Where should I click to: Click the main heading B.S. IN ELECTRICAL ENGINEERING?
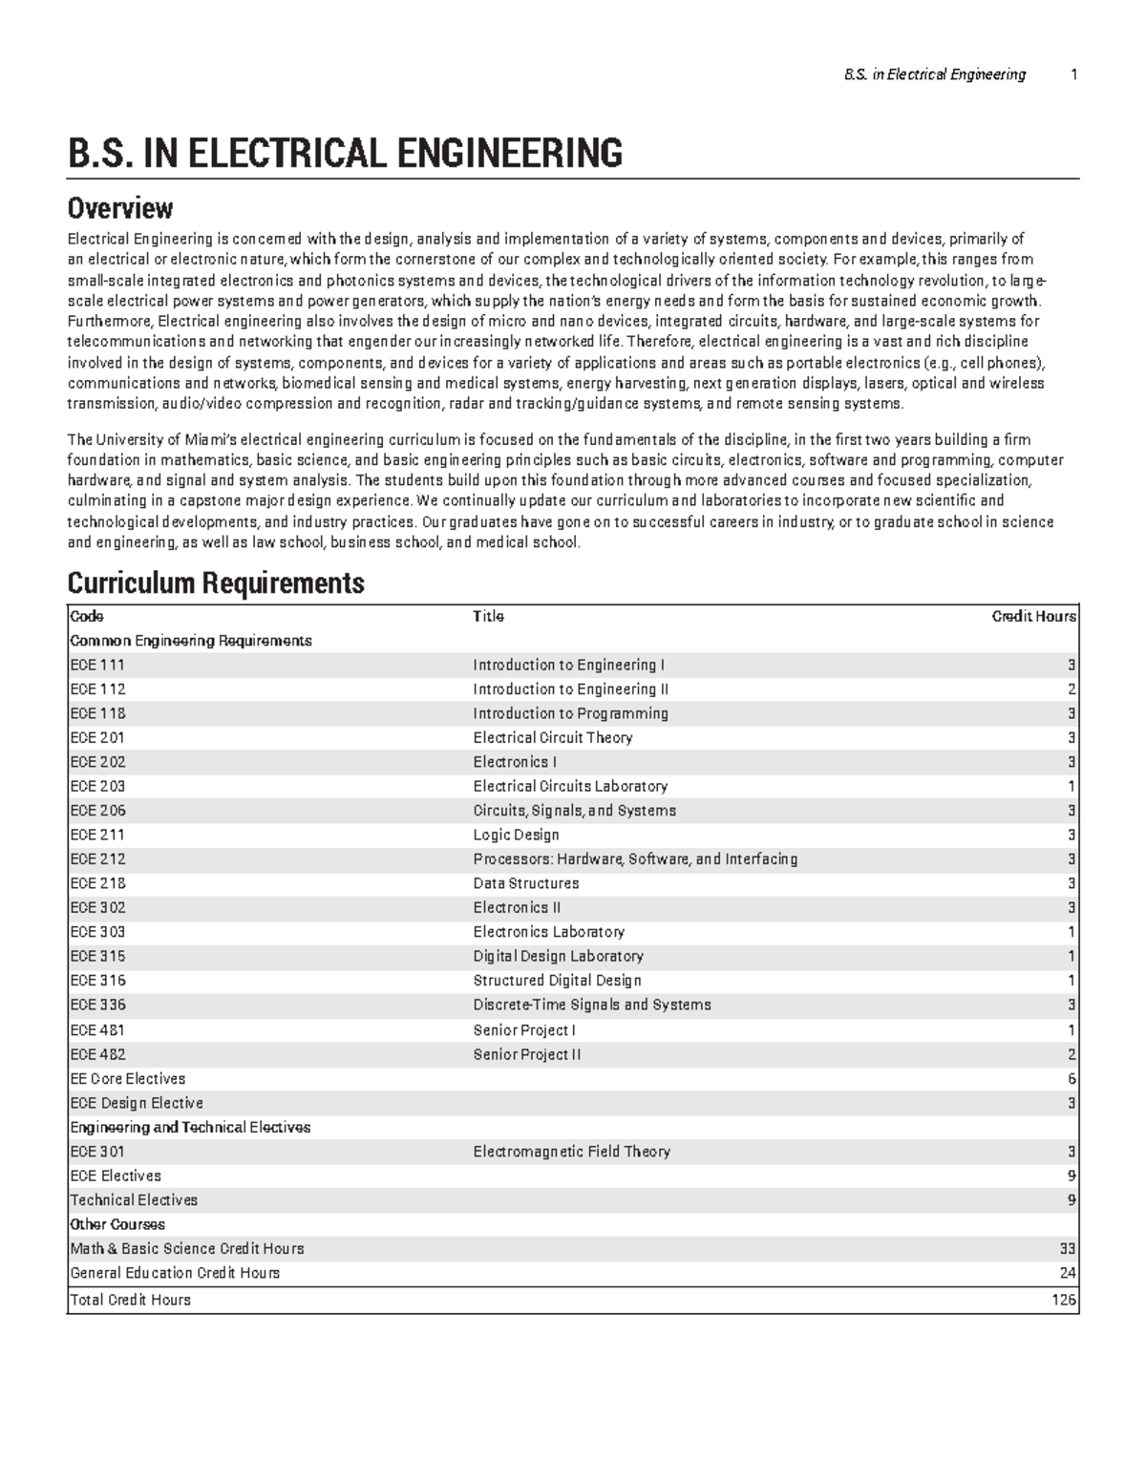click(x=345, y=153)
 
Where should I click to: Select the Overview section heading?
click(x=119, y=207)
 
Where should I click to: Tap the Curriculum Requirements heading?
click(x=216, y=583)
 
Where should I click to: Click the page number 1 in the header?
click(x=1073, y=74)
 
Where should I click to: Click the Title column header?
click(x=488, y=617)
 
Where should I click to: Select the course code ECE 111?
click(x=97, y=665)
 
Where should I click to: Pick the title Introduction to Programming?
click(x=570, y=713)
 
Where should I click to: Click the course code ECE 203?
click(x=97, y=786)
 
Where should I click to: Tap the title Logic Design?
click(x=516, y=835)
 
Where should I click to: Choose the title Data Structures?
click(x=525, y=883)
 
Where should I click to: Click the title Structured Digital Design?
click(x=557, y=981)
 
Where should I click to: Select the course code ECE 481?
click(x=97, y=1030)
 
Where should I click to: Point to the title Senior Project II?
click(x=526, y=1054)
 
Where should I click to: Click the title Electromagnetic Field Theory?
click(x=571, y=1152)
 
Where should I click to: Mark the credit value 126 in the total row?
click(x=1064, y=1300)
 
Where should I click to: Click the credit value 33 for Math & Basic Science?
click(x=1068, y=1249)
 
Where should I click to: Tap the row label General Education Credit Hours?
click(x=175, y=1273)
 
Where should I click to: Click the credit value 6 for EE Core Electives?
click(x=1072, y=1079)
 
